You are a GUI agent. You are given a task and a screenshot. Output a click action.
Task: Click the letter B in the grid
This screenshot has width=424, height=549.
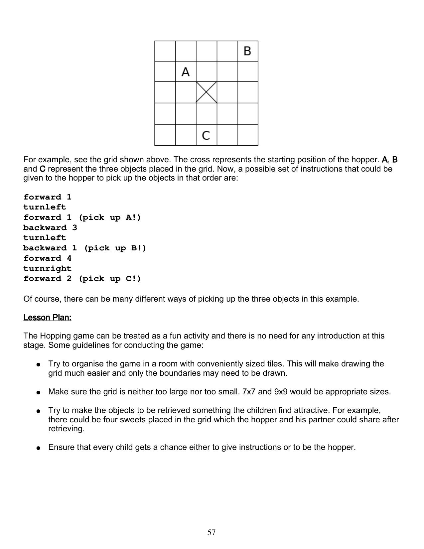click(247, 51)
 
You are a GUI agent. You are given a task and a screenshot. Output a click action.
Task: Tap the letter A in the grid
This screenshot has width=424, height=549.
click(186, 72)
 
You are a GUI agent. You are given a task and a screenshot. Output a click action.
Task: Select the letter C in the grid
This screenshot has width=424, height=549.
click(206, 135)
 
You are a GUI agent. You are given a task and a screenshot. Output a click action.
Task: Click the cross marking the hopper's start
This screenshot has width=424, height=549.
click(206, 92)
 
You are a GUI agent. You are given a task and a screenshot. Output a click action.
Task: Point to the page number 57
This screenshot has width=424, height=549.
click(212, 532)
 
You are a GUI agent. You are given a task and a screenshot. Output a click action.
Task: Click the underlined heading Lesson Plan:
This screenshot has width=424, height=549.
click(47, 318)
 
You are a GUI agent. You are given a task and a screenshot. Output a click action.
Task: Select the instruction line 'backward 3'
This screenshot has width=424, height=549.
click(50, 228)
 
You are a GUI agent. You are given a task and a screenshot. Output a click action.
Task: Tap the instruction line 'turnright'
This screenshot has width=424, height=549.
click(47, 269)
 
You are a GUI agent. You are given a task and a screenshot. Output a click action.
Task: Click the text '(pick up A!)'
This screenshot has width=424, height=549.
click(110, 217)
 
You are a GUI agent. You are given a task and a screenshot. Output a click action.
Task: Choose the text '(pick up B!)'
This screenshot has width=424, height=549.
click(115, 248)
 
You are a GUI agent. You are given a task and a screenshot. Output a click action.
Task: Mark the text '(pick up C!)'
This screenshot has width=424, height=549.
click(110, 279)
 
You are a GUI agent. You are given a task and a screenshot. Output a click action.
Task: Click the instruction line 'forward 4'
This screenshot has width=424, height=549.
click(47, 258)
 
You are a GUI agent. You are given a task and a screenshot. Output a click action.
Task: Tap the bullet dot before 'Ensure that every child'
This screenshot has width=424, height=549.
click(39, 448)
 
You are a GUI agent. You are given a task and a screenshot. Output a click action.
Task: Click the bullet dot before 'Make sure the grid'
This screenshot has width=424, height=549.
click(39, 392)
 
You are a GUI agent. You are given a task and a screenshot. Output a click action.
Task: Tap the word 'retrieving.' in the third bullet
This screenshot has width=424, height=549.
click(66, 429)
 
